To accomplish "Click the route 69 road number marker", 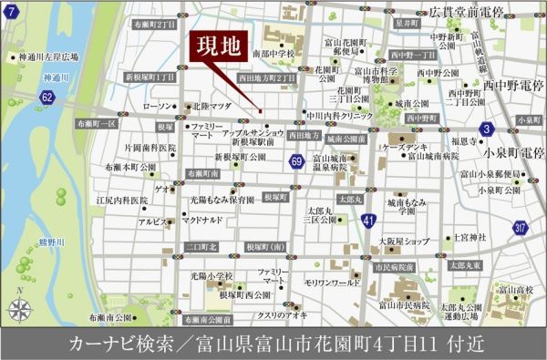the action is pos(297,161).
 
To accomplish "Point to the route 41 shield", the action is pos(366,221).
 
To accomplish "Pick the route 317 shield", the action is pos(521,228).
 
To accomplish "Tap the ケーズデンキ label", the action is pos(407,147).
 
